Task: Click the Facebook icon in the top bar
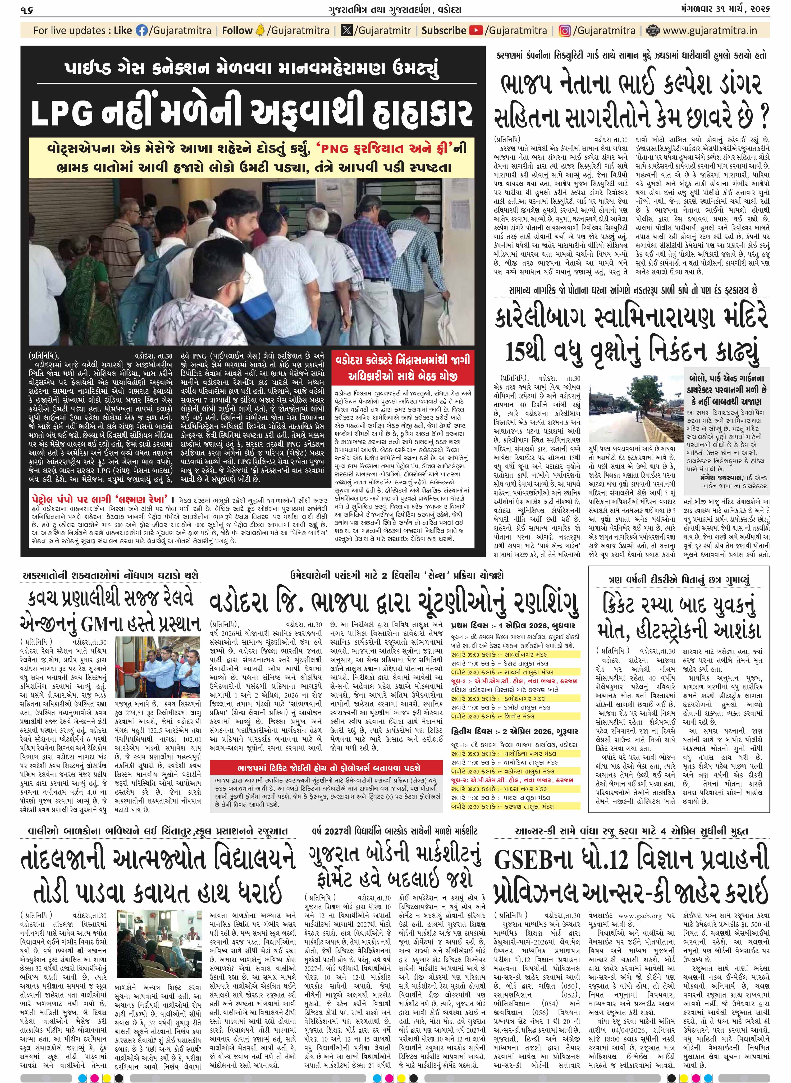pyautogui.click(x=142, y=31)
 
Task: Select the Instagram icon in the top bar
pyautogui.click(x=565, y=31)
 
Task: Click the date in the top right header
pyautogui.click(x=728, y=10)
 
